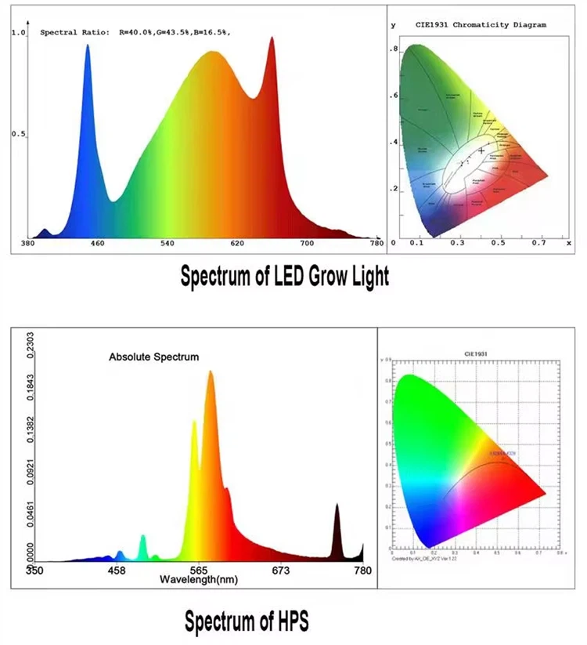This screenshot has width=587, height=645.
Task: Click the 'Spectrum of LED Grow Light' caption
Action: [285, 277]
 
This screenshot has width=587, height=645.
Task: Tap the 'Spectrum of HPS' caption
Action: [247, 621]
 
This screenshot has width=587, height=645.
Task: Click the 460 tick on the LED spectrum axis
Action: [97, 245]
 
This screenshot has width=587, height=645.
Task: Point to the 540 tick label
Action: [167, 245]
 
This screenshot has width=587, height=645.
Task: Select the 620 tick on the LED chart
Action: [237, 245]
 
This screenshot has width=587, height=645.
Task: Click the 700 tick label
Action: [307, 245]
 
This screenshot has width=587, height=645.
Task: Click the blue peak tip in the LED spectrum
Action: [87, 45]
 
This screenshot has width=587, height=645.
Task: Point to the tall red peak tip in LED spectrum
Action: [272, 38]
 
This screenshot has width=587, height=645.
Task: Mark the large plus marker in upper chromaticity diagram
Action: [481, 150]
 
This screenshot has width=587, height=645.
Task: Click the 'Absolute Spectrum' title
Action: [153, 357]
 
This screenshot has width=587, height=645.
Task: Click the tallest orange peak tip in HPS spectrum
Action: [211, 371]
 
